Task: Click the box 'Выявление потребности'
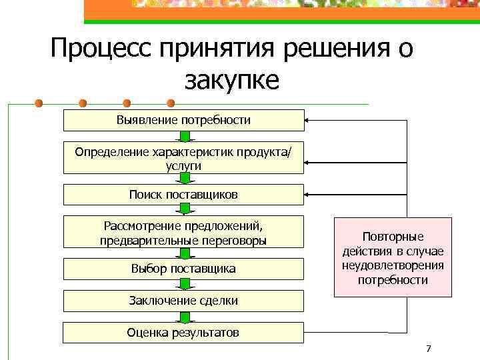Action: pyautogui.click(x=183, y=120)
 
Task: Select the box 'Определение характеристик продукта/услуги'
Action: pyautogui.click(x=183, y=158)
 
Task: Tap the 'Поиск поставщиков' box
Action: pyautogui.click(x=183, y=195)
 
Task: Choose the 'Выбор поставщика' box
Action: pyautogui.click(x=183, y=269)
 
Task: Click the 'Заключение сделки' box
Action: pyautogui.click(x=183, y=301)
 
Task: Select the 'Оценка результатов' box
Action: pyautogui.click(x=183, y=333)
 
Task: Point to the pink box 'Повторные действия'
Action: pyautogui.click(x=393, y=257)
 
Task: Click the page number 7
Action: pyautogui.click(x=428, y=349)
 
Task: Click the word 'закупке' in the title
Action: pyautogui.click(x=231, y=81)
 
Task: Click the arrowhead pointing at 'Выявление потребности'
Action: pyautogui.click(x=308, y=121)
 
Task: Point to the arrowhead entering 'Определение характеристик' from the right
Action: pyautogui.click(x=308, y=158)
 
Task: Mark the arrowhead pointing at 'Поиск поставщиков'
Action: pyautogui.click(x=308, y=195)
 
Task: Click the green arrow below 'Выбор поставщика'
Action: pyautogui.click(x=183, y=285)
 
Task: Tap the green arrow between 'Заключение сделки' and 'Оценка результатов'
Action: pyautogui.click(x=183, y=317)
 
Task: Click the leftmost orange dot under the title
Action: pyautogui.click(x=39, y=103)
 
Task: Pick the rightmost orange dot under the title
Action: pyautogui.click(x=171, y=103)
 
